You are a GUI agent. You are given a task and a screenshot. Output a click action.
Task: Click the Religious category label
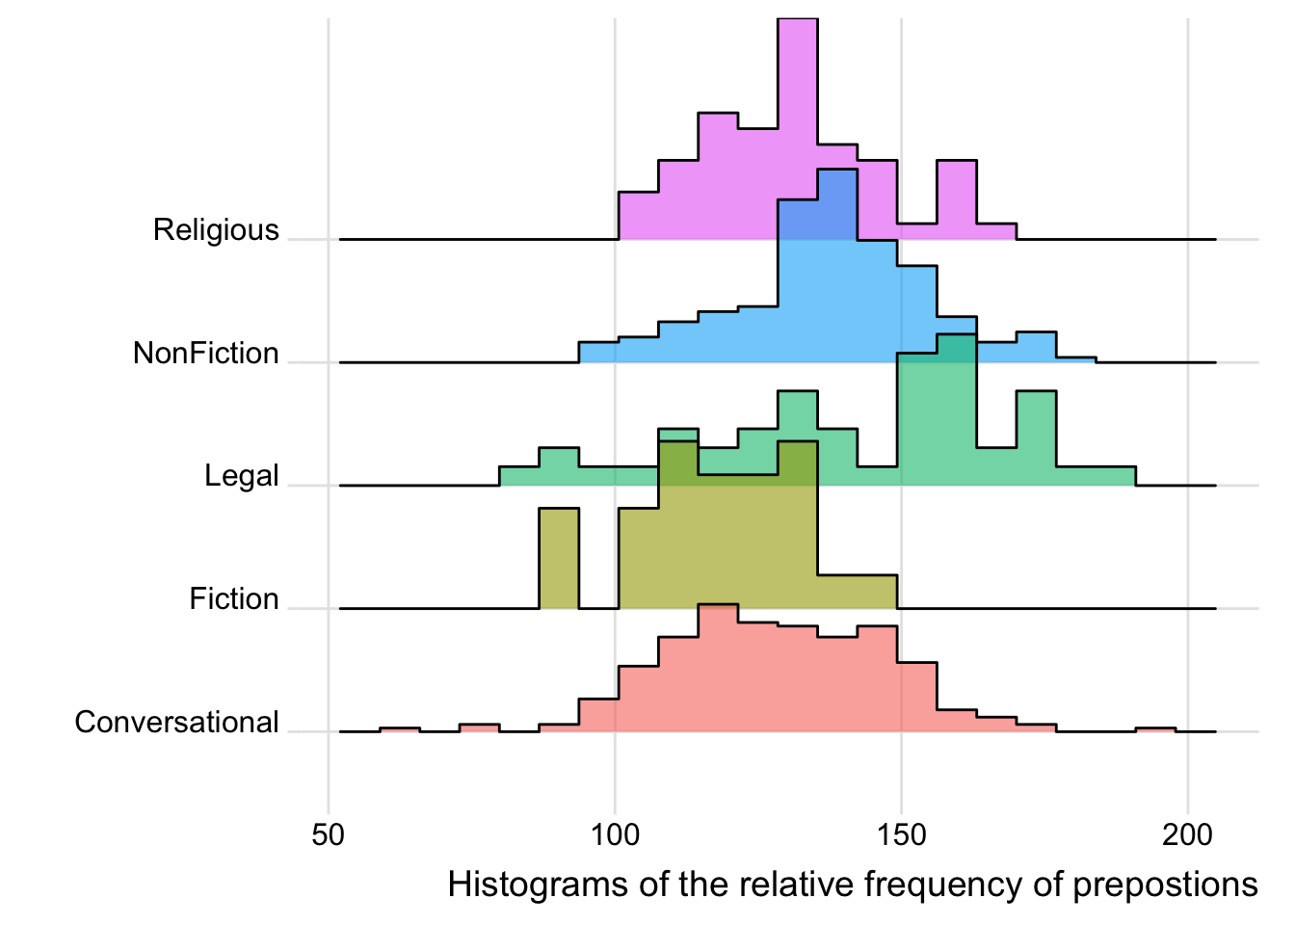coord(216,230)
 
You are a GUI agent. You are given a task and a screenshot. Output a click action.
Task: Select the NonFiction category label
coord(206,354)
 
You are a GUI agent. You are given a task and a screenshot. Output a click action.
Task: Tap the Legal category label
coord(241,476)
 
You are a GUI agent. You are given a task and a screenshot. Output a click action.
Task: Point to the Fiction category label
coord(233,599)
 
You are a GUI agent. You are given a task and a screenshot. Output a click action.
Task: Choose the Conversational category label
coord(176,723)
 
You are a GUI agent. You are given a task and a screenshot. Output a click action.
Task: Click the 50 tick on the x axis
coord(329,834)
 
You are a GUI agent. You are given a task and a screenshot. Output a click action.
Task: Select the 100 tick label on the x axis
coord(615,834)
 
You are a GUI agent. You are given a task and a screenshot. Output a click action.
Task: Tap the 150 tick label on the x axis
coord(901,834)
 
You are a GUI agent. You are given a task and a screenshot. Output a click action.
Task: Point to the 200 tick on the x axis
coord(1187,834)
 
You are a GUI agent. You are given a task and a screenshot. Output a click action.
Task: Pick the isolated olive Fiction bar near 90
coord(559,559)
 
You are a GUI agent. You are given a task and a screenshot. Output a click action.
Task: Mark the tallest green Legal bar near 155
coord(937,414)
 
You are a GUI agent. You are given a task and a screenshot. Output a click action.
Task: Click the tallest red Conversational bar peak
coord(718,665)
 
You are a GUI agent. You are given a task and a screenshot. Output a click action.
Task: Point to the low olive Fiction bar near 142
coord(858,592)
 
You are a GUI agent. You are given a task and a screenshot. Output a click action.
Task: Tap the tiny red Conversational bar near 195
coord(1155,730)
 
